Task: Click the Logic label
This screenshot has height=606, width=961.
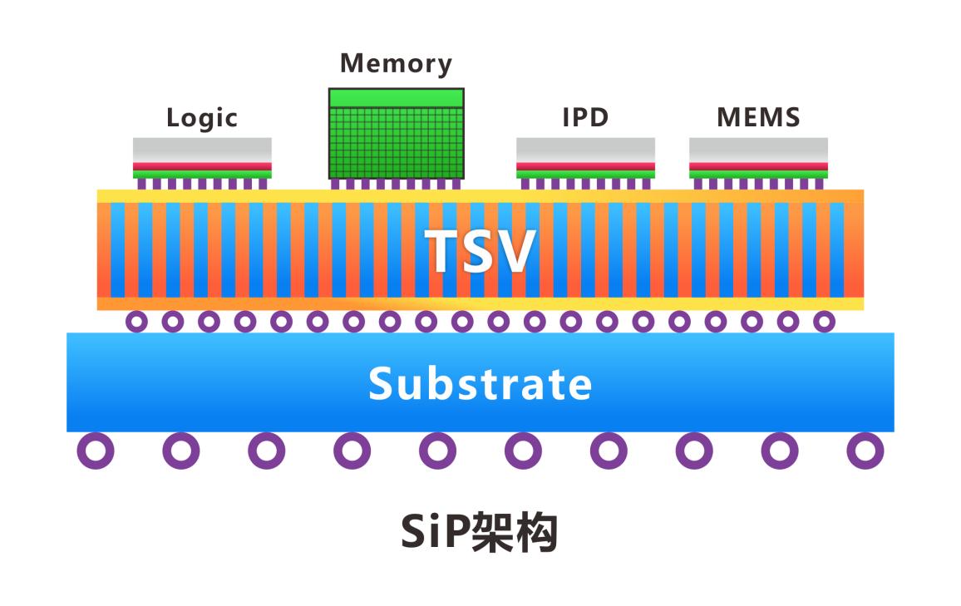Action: click(x=202, y=118)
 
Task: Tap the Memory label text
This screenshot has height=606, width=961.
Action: click(x=396, y=64)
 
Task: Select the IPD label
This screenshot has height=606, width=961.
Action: click(x=585, y=118)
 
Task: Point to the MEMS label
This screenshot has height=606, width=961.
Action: click(x=758, y=118)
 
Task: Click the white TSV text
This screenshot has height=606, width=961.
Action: click(x=480, y=251)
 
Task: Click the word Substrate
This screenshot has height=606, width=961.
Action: click(x=480, y=383)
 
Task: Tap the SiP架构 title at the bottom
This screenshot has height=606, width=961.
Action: click(x=479, y=533)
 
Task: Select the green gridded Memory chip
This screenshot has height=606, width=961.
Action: click(x=397, y=142)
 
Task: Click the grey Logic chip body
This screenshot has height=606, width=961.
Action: click(x=202, y=150)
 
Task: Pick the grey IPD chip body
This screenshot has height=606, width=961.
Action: click(x=585, y=150)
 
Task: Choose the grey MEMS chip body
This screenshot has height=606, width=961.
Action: click(x=758, y=150)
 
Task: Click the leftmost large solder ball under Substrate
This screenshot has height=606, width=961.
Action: click(x=96, y=451)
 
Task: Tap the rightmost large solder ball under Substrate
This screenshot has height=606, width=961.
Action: click(x=865, y=451)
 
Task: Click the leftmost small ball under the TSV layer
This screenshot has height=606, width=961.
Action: click(x=136, y=321)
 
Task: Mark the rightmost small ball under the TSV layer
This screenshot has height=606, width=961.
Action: click(x=824, y=321)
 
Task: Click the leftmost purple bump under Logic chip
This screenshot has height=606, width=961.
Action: click(x=142, y=184)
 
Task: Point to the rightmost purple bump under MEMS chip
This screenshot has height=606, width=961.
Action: click(x=819, y=184)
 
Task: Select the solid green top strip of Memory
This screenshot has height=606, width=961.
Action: click(x=397, y=98)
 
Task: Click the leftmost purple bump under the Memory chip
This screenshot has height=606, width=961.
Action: click(x=335, y=184)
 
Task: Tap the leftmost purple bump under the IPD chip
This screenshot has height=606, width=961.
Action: click(x=525, y=184)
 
